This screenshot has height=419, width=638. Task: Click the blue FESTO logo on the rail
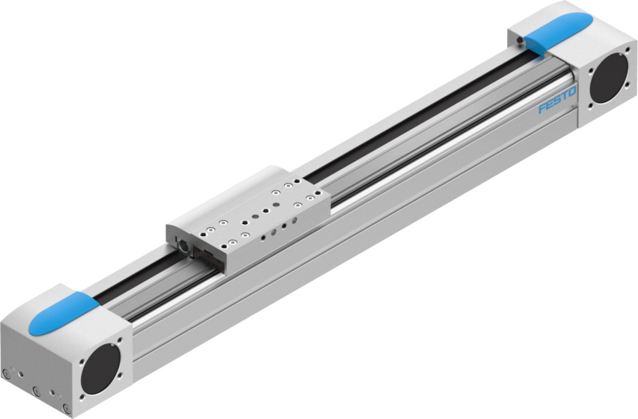pos(558,100)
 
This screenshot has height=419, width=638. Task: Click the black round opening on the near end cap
pos(101,369)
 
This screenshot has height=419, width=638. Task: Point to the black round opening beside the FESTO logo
pos(609,78)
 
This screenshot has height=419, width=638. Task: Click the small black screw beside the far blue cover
pos(519,40)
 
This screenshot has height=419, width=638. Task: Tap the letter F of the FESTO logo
pos(543,108)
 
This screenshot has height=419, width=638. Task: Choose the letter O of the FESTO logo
pos(572,92)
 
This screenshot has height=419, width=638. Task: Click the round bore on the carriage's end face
pos(183,247)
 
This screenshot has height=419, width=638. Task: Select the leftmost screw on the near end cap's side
pos(5,374)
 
